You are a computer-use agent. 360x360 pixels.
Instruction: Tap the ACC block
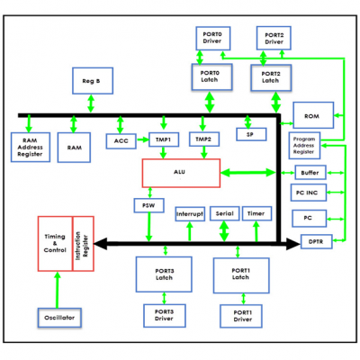(x=121, y=141)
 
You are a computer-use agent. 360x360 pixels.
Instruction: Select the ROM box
(x=312, y=115)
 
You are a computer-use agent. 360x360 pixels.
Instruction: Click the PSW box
(x=147, y=206)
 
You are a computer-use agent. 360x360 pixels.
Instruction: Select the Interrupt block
(x=189, y=214)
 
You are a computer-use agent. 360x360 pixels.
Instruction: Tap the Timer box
(x=256, y=214)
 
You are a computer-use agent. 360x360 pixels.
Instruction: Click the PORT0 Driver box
(x=213, y=38)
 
